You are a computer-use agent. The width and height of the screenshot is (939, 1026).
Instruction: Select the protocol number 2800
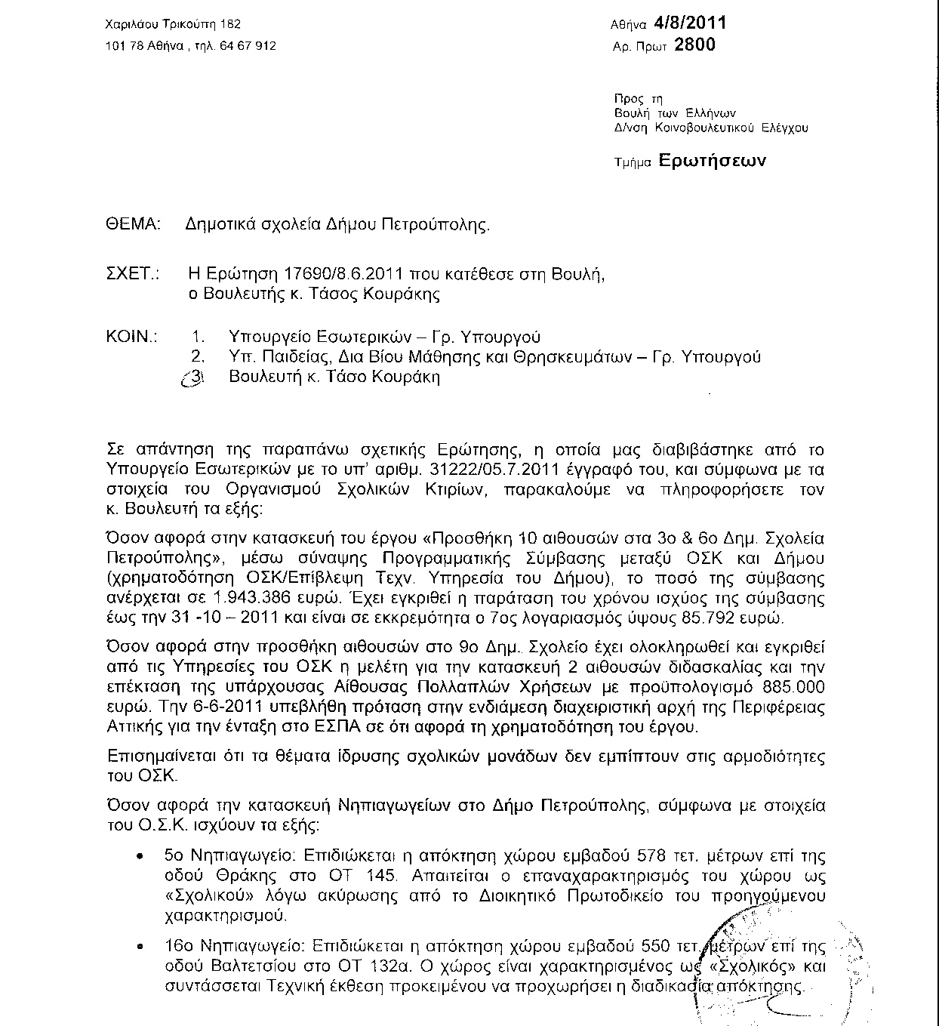coord(694,45)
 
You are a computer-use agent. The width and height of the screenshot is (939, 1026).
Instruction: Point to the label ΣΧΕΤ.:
coord(134,274)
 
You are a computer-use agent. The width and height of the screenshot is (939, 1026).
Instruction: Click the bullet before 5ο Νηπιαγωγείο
coord(140,858)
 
